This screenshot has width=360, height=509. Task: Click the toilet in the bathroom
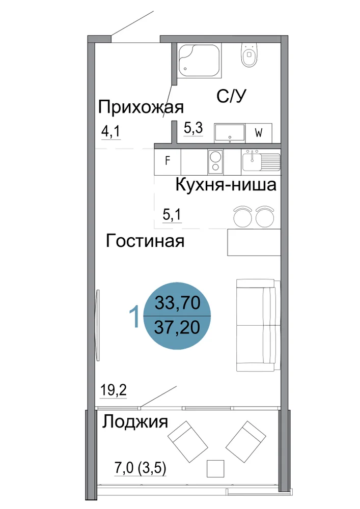pyautogui.click(x=249, y=55)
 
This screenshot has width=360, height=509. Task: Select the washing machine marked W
pyautogui.click(x=259, y=132)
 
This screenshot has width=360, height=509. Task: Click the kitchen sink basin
pyautogui.click(x=252, y=162)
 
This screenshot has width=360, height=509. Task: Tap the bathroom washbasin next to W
pyautogui.click(x=230, y=132)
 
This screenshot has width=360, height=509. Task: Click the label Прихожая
pyautogui.click(x=141, y=107)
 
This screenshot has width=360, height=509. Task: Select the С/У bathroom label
pyautogui.click(x=232, y=96)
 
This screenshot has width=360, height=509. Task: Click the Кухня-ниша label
pyautogui.click(x=226, y=185)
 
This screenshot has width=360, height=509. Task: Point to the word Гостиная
pyautogui.click(x=145, y=241)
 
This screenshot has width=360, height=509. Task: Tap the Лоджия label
pyautogui.click(x=135, y=422)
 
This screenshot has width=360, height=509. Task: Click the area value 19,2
pyautogui.click(x=113, y=390)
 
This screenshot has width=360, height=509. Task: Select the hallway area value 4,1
pyautogui.click(x=111, y=132)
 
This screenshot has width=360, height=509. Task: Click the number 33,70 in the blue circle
pyautogui.click(x=177, y=303)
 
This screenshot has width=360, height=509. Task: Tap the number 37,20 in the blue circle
pyautogui.click(x=177, y=327)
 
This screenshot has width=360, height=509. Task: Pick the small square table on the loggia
pyautogui.click(x=215, y=468)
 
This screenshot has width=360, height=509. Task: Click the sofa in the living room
pyautogui.click(x=258, y=325)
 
